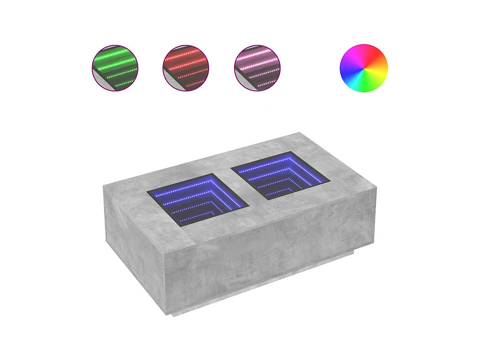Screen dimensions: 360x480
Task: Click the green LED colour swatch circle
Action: click(x=115, y=68)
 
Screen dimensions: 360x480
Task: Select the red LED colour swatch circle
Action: click(x=186, y=68)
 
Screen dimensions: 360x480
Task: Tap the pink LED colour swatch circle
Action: click(x=257, y=68)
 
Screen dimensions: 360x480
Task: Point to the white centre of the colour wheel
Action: click(x=364, y=68)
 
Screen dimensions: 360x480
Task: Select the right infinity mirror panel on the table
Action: click(x=280, y=176)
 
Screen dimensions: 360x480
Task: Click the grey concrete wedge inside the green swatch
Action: click(x=100, y=81)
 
